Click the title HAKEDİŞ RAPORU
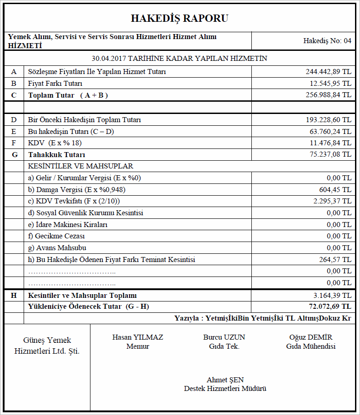(x=180, y=18)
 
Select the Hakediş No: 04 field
(x=327, y=41)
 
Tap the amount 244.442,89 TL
(x=329, y=72)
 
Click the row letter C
(x=14, y=95)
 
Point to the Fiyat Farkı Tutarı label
(x=55, y=84)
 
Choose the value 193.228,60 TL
(x=329, y=120)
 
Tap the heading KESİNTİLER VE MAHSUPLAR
(x=80, y=166)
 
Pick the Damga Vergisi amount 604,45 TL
(x=335, y=190)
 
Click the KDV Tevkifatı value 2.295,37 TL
(x=332, y=201)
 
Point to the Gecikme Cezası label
(x=56, y=236)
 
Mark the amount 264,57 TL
(x=335, y=260)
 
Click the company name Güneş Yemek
(x=47, y=340)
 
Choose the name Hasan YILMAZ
(x=138, y=337)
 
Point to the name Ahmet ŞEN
(x=225, y=380)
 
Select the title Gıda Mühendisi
(x=311, y=346)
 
